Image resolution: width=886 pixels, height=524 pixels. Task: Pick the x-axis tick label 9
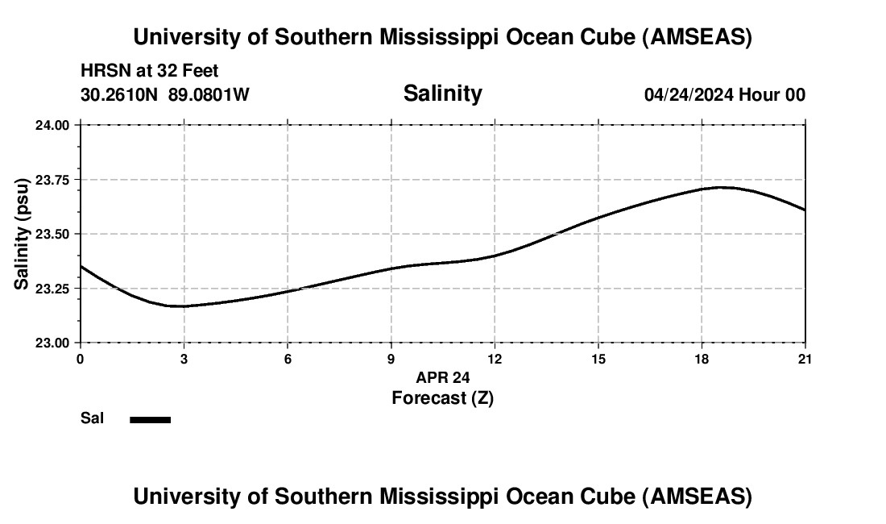coord(391,359)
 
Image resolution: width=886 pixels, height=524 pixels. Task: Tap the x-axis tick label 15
coord(598,359)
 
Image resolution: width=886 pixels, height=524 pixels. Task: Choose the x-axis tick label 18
coord(702,359)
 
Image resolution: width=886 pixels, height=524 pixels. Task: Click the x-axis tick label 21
coord(805,359)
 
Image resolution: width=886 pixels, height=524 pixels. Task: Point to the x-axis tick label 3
coord(184,359)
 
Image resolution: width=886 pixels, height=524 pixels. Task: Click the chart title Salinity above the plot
coord(442,94)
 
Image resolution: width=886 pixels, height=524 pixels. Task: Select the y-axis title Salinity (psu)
coord(22,234)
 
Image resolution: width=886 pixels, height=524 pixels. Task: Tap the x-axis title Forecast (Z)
coord(442,397)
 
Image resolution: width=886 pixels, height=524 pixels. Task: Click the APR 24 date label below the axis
coord(442,377)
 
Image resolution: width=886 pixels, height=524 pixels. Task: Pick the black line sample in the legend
coord(151,419)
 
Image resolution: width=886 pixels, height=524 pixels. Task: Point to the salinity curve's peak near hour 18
coord(721,187)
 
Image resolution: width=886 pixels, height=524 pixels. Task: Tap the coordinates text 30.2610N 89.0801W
coord(165,94)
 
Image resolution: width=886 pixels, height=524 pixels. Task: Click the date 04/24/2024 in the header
coord(689,94)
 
